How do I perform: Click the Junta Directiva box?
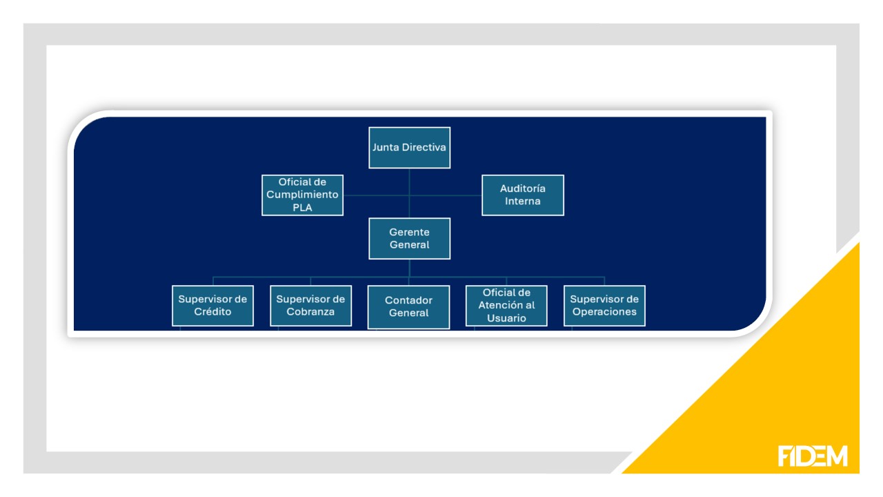click(x=409, y=148)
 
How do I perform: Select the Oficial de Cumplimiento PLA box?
click(x=302, y=195)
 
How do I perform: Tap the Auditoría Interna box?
click(x=522, y=195)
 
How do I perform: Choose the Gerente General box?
click(x=409, y=238)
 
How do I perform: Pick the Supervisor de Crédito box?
click(x=212, y=305)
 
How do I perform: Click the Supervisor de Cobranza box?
click(x=310, y=305)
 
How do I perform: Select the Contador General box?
click(x=408, y=306)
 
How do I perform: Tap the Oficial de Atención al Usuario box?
click(x=506, y=305)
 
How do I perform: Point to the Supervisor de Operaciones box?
click(x=604, y=305)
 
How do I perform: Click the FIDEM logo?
click(x=813, y=456)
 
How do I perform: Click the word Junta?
click(x=386, y=148)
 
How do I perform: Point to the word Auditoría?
click(x=523, y=188)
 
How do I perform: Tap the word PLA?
click(x=302, y=207)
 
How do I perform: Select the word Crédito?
click(x=212, y=312)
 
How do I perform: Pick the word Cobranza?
click(x=310, y=312)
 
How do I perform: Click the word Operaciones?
click(x=604, y=312)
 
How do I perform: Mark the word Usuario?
click(x=506, y=318)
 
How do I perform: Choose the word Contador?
click(x=408, y=300)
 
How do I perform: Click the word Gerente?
click(x=409, y=232)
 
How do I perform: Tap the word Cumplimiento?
click(x=302, y=195)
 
